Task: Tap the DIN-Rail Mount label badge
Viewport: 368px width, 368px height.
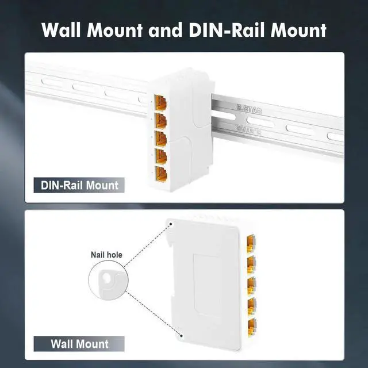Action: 79,185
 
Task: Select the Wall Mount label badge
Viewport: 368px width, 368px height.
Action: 79,344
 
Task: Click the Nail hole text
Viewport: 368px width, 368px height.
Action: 106,255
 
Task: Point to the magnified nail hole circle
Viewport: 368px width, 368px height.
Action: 106,282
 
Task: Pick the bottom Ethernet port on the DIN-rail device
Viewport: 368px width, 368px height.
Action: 161,173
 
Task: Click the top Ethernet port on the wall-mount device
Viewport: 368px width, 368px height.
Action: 251,240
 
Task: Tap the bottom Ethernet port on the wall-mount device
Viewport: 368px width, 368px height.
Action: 251,327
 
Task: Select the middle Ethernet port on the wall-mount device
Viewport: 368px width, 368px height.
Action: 251,285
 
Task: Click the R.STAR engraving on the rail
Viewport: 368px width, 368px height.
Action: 249,108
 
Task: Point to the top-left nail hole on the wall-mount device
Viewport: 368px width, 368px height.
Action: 171,222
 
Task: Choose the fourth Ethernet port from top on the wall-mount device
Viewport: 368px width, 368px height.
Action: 251,306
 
